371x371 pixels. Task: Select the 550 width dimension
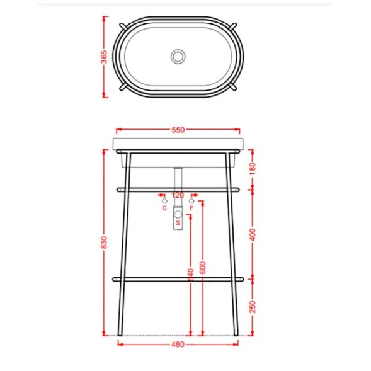click(x=178, y=130)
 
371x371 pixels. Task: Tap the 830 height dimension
click(x=105, y=242)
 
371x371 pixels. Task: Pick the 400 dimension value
click(x=253, y=233)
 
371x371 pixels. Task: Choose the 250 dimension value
click(x=253, y=306)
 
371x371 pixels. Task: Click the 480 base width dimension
click(x=178, y=345)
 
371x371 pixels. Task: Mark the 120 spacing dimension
click(x=178, y=195)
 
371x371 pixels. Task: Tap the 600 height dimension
click(x=203, y=267)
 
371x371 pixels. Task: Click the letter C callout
click(x=164, y=207)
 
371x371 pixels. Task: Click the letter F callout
click(x=191, y=207)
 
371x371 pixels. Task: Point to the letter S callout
click(x=178, y=222)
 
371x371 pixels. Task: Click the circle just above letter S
click(x=178, y=214)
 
